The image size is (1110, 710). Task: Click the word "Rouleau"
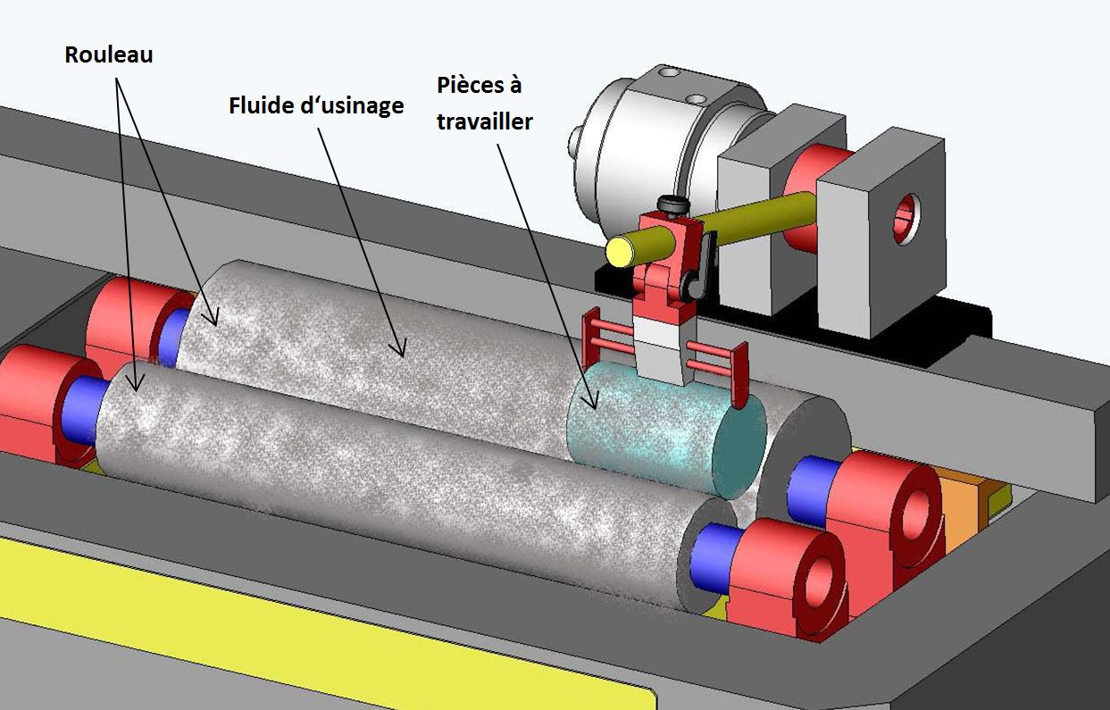pos(109,54)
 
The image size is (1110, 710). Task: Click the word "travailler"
pos(484,121)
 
